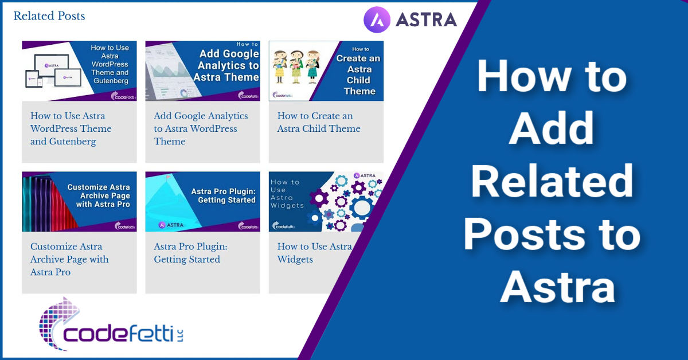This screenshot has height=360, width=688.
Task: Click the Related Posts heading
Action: (49, 16)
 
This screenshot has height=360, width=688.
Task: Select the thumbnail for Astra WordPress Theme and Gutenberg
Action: (79, 71)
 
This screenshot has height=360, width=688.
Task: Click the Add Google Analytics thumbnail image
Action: (202, 71)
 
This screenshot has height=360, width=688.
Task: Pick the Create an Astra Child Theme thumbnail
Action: (326, 71)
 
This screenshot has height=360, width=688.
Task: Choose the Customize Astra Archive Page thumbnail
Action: (79, 202)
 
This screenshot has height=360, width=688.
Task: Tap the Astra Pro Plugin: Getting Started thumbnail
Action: (202, 202)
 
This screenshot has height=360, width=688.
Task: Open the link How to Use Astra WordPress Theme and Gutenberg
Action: (71, 129)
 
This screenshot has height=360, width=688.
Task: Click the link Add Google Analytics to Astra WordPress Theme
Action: (201, 129)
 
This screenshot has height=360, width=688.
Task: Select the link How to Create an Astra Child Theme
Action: (319, 123)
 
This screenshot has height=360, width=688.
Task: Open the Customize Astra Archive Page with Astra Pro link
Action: (69, 260)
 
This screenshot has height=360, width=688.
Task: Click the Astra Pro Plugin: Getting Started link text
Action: (190, 253)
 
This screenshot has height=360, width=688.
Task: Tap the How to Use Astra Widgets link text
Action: (314, 253)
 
